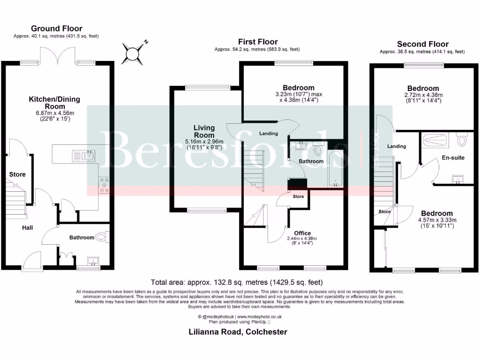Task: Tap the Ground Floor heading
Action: click(x=56, y=29)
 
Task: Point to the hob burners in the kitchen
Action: click(x=104, y=185)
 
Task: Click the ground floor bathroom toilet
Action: click(x=101, y=237)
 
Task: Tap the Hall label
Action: click(x=27, y=228)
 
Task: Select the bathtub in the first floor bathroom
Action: click(x=335, y=169)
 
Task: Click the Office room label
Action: click(x=302, y=233)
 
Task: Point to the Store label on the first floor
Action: click(x=299, y=196)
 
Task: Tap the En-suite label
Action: click(x=453, y=157)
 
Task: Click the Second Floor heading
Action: click(x=422, y=44)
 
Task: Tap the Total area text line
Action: click(x=236, y=282)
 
